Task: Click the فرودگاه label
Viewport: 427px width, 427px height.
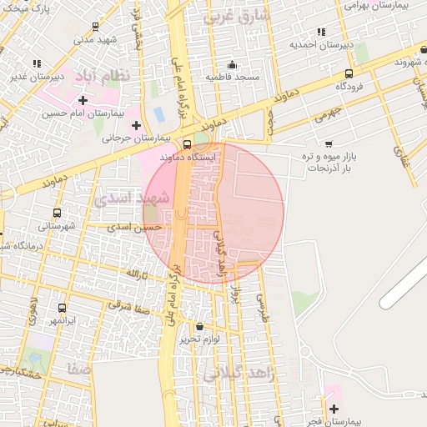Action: tap(353, 87)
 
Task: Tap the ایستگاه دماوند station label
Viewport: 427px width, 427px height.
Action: tap(215, 156)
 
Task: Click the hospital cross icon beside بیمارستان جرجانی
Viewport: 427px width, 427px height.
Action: tap(136, 125)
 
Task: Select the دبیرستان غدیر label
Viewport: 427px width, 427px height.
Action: tap(38, 76)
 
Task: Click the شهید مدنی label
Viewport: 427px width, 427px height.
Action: tap(93, 38)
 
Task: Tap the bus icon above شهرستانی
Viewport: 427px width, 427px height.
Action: tap(57, 213)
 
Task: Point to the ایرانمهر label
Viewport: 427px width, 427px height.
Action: tap(61, 320)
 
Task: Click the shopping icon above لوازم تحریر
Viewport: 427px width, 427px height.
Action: tap(199, 326)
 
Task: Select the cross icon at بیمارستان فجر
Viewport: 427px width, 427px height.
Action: tap(334, 409)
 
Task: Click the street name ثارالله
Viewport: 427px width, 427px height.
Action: tap(136, 274)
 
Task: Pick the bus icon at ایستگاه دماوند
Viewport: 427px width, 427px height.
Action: tap(186, 144)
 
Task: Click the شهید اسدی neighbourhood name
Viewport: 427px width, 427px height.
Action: tap(132, 198)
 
